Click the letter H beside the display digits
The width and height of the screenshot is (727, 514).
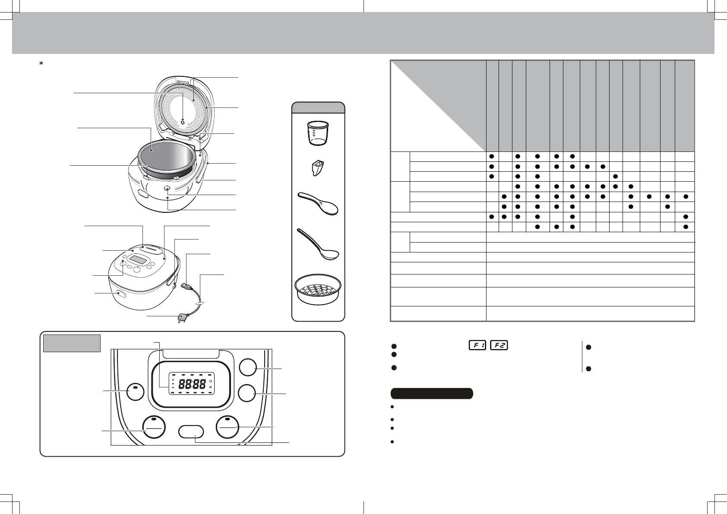pos(211,382)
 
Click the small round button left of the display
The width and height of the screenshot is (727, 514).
pos(135,392)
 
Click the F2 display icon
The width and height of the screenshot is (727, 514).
pos(499,345)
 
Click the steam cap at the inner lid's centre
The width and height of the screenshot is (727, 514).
pos(183,123)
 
